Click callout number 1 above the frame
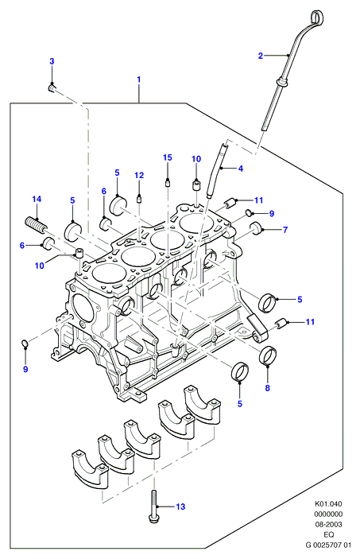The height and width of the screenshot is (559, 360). (x=138, y=80)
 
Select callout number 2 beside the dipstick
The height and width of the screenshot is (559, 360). (x=261, y=56)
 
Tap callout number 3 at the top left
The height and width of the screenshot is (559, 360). (x=52, y=61)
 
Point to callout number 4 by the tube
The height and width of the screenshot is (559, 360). (x=241, y=169)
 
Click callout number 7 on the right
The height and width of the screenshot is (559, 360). (x=285, y=230)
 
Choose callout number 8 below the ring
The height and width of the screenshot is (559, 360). (x=268, y=388)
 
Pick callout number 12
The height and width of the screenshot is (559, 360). (x=139, y=175)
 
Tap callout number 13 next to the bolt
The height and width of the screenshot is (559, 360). (x=180, y=507)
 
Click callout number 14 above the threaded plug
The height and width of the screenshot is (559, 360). (x=37, y=199)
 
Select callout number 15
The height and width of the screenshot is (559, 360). (x=168, y=157)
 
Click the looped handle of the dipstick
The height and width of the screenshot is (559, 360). (x=316, y=17)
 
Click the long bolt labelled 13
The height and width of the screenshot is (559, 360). (x=153, y=507)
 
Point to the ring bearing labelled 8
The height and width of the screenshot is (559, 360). (x=267, y=355)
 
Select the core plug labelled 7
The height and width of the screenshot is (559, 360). (x=256, y=228)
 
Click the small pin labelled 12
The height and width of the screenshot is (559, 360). (x=139, y=198)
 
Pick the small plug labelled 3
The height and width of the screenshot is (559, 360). (x=52, y=87)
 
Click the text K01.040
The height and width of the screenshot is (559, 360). (x=328, y=504)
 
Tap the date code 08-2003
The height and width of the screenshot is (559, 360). (x=328, y=525)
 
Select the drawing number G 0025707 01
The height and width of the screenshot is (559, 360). (x=328, y=545)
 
